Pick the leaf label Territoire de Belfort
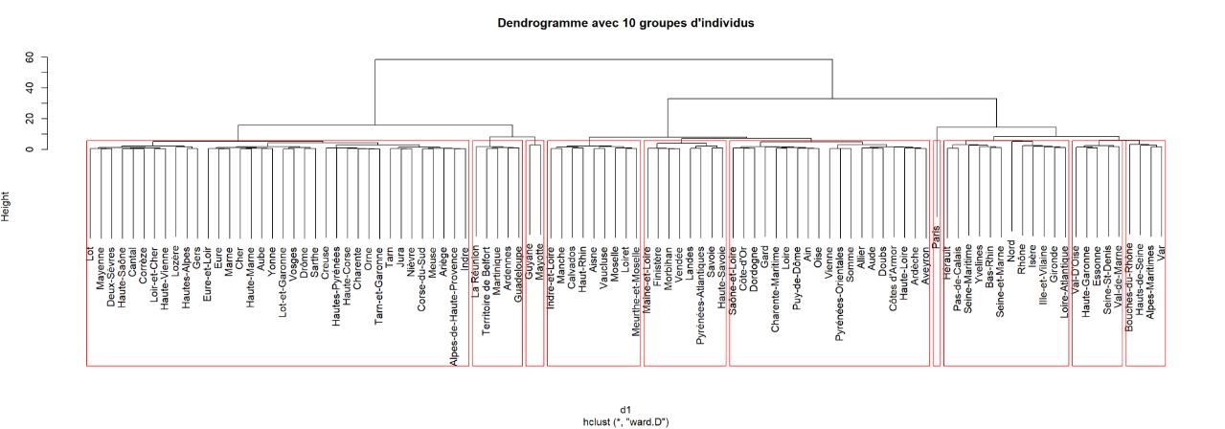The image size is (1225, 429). (487, 287)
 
